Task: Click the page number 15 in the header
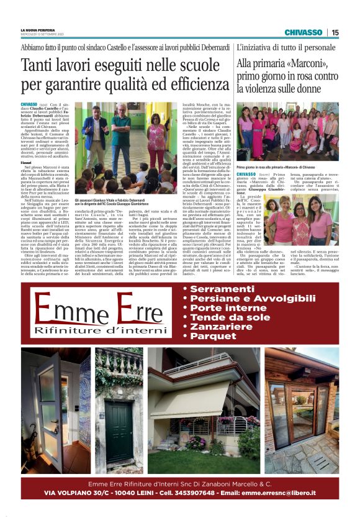point(335,32)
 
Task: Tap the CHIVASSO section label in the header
point(303,32)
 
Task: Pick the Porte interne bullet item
point(228,308)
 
